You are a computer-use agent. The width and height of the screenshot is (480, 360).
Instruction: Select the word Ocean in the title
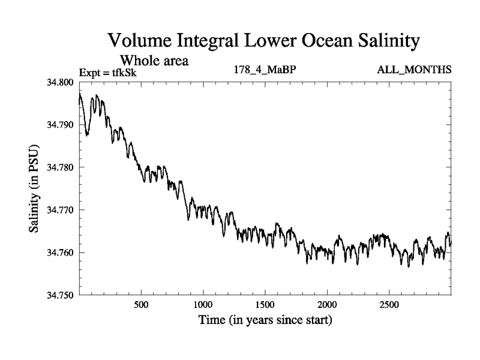314,41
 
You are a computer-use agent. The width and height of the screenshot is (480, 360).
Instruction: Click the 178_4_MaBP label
265,70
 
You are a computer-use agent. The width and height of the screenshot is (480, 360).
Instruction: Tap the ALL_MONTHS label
414,70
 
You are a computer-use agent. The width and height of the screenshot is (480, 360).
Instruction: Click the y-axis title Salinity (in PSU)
34,189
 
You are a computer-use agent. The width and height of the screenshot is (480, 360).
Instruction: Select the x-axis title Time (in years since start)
265,320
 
